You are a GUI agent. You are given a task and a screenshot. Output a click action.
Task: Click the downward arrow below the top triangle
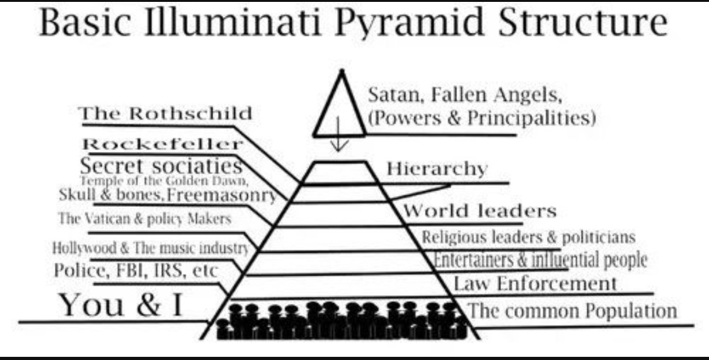click(339, 140)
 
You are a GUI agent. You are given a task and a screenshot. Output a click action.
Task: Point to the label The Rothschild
click(165, 114)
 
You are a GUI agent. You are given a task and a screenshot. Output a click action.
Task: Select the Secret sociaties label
click(161, 166)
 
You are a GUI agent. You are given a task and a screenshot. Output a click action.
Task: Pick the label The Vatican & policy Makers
click(145, 219)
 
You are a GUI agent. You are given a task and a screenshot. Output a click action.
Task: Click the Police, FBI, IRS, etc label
click(135, 270)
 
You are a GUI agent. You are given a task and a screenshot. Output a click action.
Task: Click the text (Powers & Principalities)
click(481, 118)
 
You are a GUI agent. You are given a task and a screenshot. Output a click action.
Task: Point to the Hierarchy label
click(436, 169)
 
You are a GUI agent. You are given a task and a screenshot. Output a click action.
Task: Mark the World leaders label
click(480, 211)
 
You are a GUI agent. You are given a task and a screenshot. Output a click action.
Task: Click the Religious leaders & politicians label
click(528, 238)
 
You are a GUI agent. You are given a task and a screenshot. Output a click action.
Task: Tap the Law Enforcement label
click(535, 284)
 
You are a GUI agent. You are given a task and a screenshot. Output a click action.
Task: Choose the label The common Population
click(573, 311)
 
